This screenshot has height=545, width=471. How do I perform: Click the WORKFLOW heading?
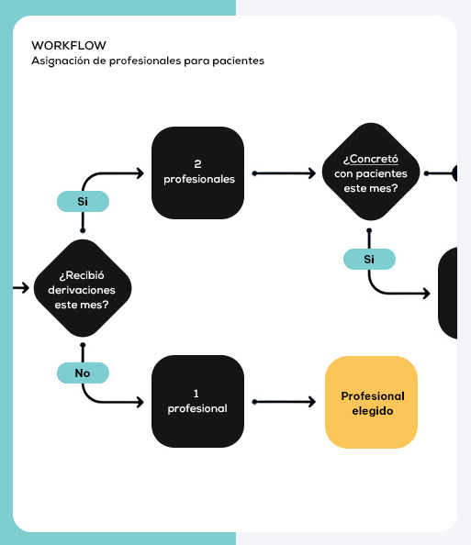[x=69, y=45]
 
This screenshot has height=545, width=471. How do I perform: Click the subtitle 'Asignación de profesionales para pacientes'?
[x=148, y=61]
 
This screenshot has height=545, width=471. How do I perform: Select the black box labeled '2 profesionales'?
[x=198, y=172]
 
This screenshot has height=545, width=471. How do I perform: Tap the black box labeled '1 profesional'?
[x=198, y=402]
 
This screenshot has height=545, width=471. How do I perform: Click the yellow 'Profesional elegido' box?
[x=372, y=402]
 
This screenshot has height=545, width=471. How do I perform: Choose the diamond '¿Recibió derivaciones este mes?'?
[x=83, y=288]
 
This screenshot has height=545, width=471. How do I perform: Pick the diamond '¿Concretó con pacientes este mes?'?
[x=370, y=172]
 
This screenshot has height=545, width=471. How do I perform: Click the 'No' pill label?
[x=83, y=373]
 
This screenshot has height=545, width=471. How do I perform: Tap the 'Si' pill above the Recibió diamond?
[x=83, y=201]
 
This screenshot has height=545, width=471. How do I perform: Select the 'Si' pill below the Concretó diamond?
[x=369, y=259]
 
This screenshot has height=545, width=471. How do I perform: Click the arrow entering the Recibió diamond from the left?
[x=21, y=288]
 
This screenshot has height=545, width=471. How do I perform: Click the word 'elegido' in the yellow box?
[x=372, y=411]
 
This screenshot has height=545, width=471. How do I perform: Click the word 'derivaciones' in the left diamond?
[x=83, y=289]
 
